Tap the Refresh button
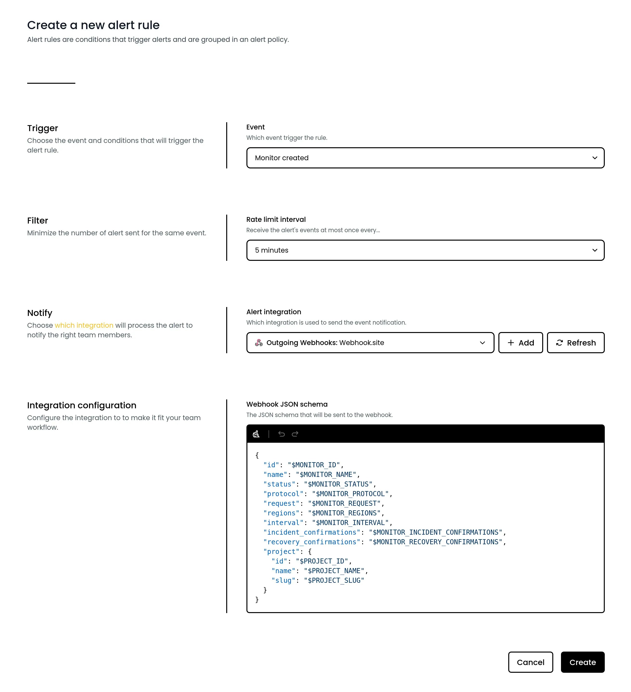[575, 343]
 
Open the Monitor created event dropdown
[425, 158]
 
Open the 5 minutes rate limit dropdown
[425, 250]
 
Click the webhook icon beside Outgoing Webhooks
[259, 343]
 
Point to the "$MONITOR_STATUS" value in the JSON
[338, 484]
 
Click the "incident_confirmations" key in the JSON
[311, 532]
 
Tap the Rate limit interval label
[276, 219]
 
